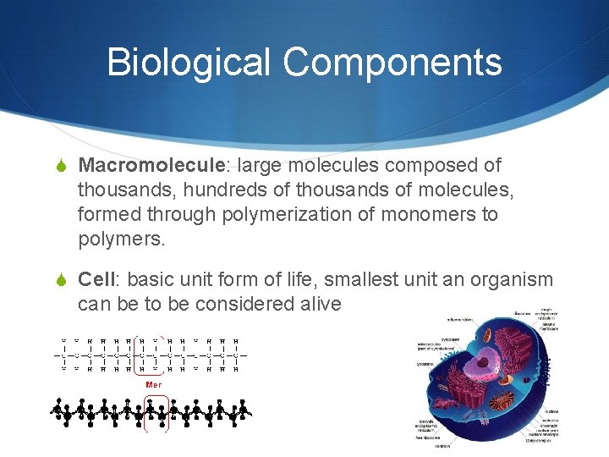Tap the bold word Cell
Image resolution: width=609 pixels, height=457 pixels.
point(96,280)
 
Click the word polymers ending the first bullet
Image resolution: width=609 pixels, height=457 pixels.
point(118,240)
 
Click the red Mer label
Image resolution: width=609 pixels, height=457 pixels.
point(154,384)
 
